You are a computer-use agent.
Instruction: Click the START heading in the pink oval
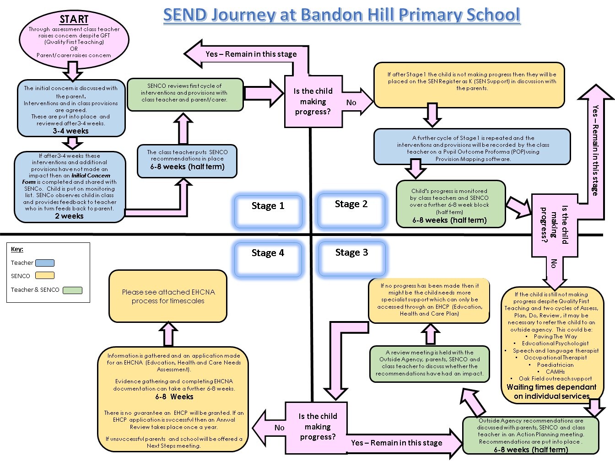point(74,19)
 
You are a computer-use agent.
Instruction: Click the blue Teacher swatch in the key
point(45,263)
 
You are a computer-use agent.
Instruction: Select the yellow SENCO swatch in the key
point(45,276)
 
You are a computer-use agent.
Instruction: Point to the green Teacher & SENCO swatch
point(72,290)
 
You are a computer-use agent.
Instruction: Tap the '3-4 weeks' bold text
point(70,131)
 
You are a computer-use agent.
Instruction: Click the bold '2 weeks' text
point(69,216)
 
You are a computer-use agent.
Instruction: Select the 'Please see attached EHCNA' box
point(168,296)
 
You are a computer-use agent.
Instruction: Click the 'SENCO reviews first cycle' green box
point(184,94)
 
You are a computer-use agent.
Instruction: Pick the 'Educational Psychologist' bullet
point(555,343)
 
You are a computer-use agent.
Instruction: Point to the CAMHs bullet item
point(555,372)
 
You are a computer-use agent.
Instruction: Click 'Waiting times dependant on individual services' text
point(551,391)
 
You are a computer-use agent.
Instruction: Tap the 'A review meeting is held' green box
point(429,364)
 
